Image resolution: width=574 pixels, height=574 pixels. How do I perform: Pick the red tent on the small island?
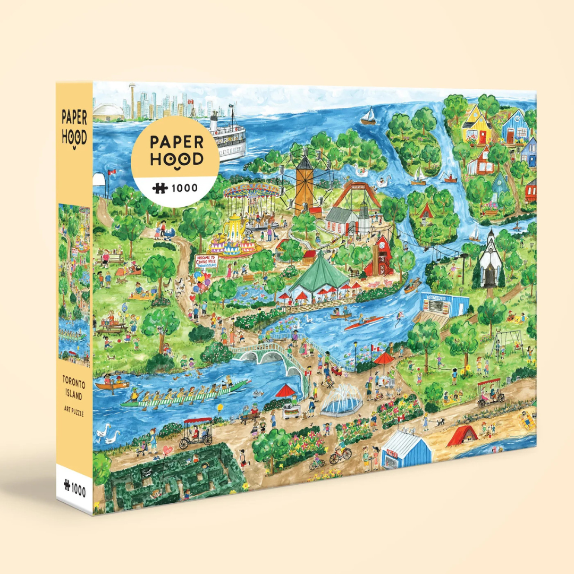427,212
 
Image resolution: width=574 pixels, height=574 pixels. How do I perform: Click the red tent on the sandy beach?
462,437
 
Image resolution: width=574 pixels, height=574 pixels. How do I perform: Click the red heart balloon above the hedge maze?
168,450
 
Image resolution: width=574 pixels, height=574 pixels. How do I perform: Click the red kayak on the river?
364,323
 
